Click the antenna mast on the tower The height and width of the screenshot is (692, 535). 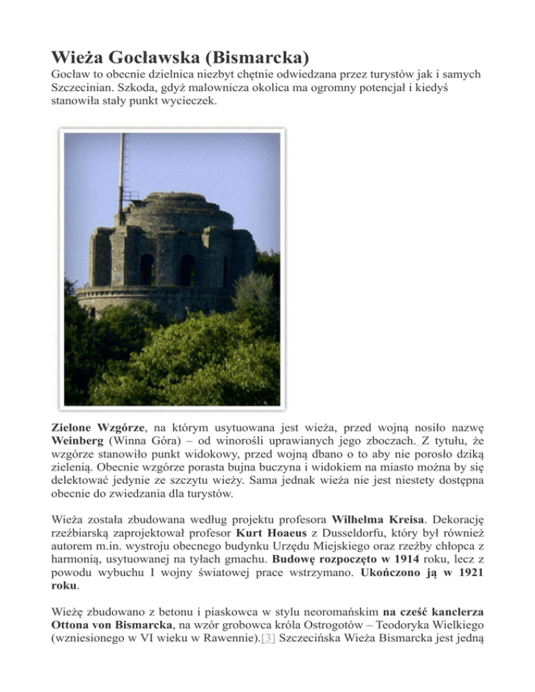click(122, 174)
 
